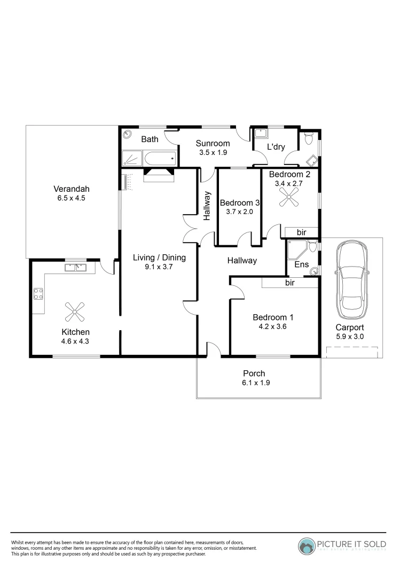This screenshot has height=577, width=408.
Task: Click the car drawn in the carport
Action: pos(352,276)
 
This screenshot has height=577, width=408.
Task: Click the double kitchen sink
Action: pos(76,267)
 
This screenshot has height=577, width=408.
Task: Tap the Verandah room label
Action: pos(70,189)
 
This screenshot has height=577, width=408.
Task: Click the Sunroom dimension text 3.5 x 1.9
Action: pos(212,152)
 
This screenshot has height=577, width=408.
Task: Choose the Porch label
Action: pos(254,373)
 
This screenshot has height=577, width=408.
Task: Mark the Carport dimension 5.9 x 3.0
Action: pos(349,337)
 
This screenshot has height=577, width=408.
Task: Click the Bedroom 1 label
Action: pos(273,317)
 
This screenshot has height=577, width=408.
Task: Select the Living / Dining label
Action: pos(159,258)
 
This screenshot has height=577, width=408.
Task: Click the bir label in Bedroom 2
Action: pos(301,232)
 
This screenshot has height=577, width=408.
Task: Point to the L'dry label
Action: pos(276,146)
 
